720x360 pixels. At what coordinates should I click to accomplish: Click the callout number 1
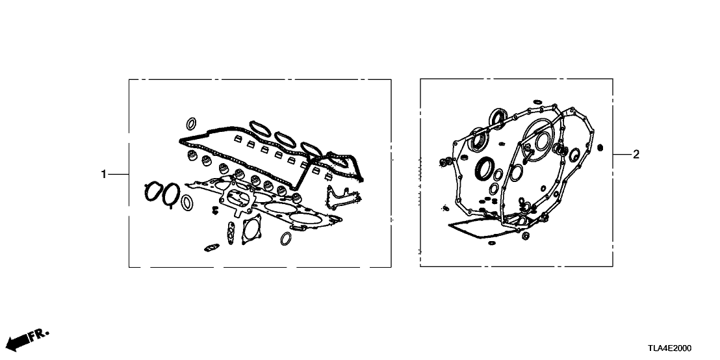[104, 175]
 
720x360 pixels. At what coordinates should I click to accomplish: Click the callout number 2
[636, 155]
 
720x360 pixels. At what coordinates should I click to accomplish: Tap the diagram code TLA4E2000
[670, 348]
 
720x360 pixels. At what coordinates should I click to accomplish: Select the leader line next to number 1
[118, 175]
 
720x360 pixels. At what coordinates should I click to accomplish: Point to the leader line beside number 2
[621, 155]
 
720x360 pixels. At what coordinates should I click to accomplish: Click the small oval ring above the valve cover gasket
[191, 123]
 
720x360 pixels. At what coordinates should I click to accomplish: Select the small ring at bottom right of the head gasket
[286, 238]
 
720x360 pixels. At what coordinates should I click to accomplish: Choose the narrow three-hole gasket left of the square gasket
[231, 233]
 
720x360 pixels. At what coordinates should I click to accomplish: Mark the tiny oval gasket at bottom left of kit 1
[212, 248]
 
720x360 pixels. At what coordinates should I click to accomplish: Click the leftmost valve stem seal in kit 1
[190, 156]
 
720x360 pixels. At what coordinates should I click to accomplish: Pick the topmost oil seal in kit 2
[498, 117]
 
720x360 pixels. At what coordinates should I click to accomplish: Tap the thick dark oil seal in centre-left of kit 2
[484, 168]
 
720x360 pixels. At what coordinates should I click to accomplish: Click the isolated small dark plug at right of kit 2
[600, 148]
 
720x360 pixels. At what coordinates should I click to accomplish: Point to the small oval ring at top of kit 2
[537, 101]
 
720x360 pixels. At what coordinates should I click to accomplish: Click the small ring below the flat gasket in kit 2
[492, 243]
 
